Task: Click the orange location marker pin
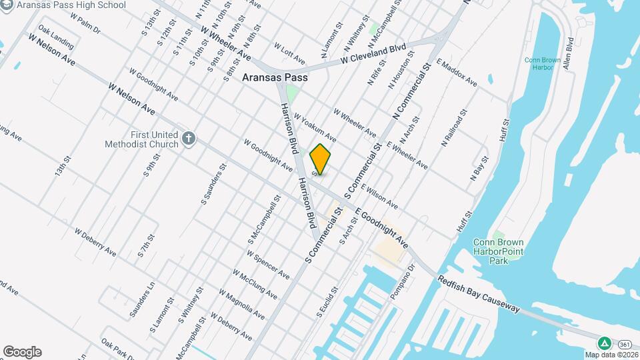321,159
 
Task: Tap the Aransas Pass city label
275,77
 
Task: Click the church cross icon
189,139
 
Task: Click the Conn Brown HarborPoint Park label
498,251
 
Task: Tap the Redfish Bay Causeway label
479,293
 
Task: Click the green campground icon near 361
604,343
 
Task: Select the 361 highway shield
625,344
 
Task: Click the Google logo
22,352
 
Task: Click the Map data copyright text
612,355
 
